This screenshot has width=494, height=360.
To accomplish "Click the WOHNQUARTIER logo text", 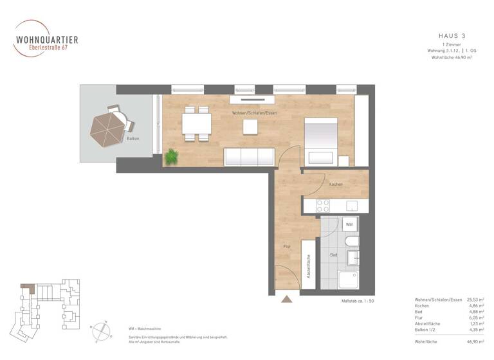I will (x=46, y=39).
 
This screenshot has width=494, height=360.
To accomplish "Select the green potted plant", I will (x=171, y=156).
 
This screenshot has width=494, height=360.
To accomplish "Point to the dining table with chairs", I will (x=196, y=123).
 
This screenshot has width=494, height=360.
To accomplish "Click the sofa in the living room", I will (x=249, y=156).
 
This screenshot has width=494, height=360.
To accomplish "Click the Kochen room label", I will (x=335, y=184).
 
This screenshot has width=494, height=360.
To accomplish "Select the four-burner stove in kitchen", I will (x=323, y=206).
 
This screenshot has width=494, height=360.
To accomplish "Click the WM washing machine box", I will (x=349, y=224).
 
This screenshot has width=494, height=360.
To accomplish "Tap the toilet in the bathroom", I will (x=351, y=242).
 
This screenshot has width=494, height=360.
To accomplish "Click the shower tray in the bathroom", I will (x=349, y=279).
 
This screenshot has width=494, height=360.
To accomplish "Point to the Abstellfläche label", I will (x=308, y=264).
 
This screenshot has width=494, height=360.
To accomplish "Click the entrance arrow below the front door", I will (x=286, y=298).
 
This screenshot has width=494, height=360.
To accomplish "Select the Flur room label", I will (x=287, y=246).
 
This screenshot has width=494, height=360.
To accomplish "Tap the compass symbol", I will (x=100, y=330).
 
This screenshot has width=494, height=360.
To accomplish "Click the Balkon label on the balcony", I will (x=133, y=139).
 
